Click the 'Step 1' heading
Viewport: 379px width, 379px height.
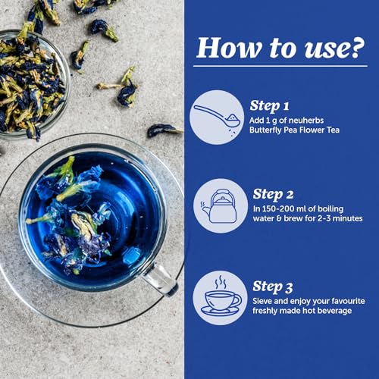[x=269, y=106]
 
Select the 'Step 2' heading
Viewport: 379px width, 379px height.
[x=273, y=195]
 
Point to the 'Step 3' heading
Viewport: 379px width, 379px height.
[x=273, y=287]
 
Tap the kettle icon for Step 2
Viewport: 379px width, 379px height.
[x=219, y=206]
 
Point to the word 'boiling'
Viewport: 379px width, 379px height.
[x=330, y=209]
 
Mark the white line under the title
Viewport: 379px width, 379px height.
[x=280, y=66]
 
